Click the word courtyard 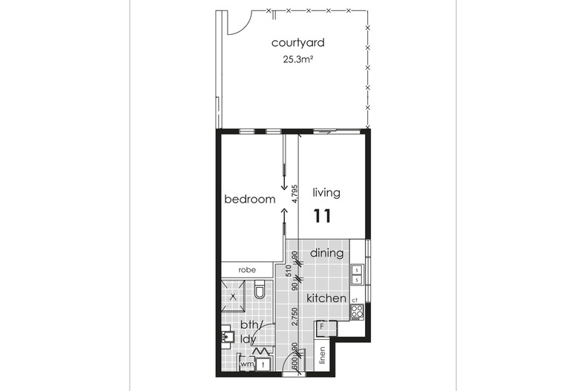coord(297,42)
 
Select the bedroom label coord(250,200)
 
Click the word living coord(326,193)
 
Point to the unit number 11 coord(322,217)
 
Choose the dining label coord(326,253)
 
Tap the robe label coord(247,271)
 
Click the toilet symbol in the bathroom coord(260,292)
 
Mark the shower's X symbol coord(234,296)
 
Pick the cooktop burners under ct coord(357,311)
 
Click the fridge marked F coord(323,326)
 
